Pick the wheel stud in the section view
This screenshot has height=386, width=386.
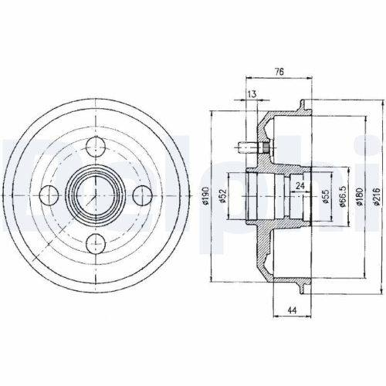point(249,145)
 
